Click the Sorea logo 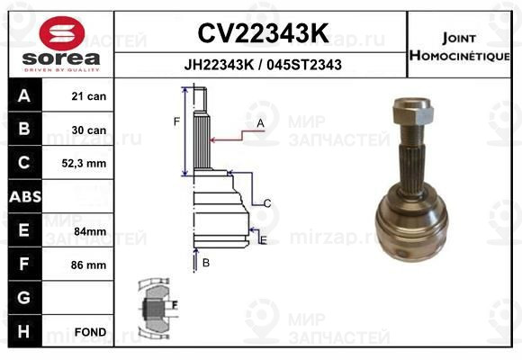pyautogui.click(x=60, y=43)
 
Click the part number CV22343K pyautogui.click(x=262, y=33)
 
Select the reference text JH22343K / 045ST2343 pyautogui.click(x=262, y=66)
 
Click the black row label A pyautogui.click(x=23, y=96)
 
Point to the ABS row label pyautogui.click(x=23, y=197)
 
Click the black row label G pyautogui.click(x=23, y=298)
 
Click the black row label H pyautogui.click(x=23, y=332)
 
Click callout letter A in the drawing pyautogui.click(x=260, y=122)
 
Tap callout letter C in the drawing pyautogui.click(x=267, y=203)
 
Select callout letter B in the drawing pyautogui.click(x=205, y=263)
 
